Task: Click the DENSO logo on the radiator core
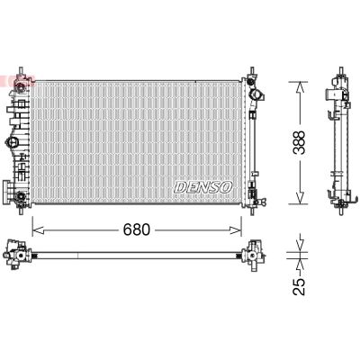202,185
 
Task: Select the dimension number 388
309,142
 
